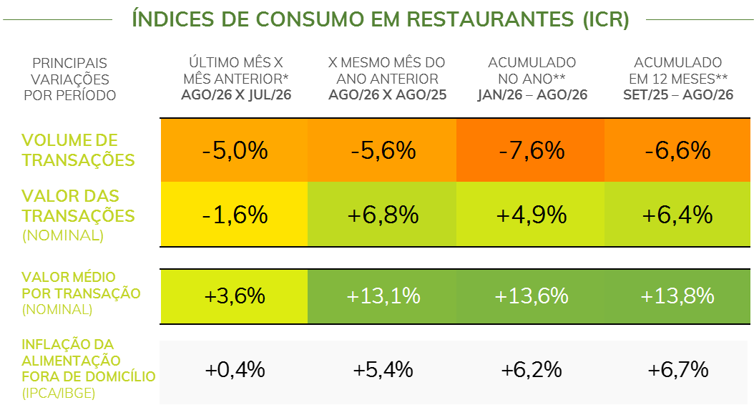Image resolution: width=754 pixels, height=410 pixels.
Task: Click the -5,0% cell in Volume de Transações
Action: [x=234, y=150]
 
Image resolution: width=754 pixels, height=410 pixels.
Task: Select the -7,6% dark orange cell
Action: [x=530, y=150]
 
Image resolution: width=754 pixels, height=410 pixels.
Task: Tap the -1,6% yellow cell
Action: [x=234, y=214]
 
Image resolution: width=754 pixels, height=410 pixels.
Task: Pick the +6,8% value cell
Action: [x=382, y=214]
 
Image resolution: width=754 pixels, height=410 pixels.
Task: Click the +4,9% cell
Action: [x=530, y=214]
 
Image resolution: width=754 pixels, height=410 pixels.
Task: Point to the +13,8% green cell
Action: [x=677, y=296]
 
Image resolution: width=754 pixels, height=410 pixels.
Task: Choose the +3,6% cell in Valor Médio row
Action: [x=234, y=296]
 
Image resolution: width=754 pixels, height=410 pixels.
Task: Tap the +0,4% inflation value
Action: [x=235, y=370]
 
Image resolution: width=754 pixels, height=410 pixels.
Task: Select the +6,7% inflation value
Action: [x=677, y=370]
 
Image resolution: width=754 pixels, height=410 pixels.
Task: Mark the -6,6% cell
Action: [x=677, y=150]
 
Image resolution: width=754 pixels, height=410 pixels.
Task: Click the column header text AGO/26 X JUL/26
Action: [x=236, y=94]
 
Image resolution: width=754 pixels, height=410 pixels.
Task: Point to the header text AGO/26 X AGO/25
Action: [x=387, y=94]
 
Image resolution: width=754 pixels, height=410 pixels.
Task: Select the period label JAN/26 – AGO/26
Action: [x=532, y=94]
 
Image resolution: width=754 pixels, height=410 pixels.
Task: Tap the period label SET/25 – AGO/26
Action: [x=678, y=94]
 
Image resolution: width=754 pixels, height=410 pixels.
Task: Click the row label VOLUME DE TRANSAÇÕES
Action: [x=78, y=150]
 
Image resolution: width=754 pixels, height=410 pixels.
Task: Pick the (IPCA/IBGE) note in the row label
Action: [x=59, y=393]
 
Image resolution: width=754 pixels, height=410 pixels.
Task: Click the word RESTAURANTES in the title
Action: [x=490, y=19]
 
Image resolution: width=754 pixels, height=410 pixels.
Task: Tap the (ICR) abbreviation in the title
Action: [x=606, y=19]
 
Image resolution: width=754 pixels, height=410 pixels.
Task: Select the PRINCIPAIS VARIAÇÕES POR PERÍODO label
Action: [x=69, y=79]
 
